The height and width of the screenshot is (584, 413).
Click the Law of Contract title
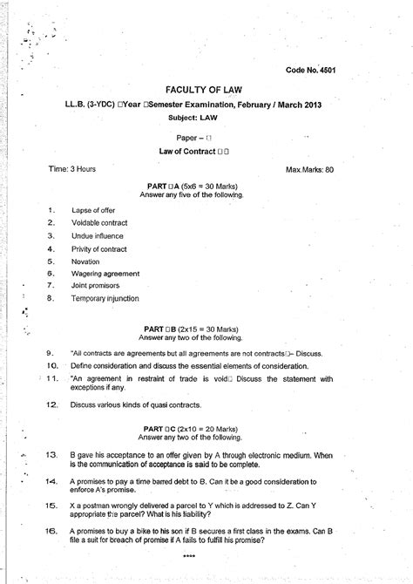(x=206, y=153)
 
